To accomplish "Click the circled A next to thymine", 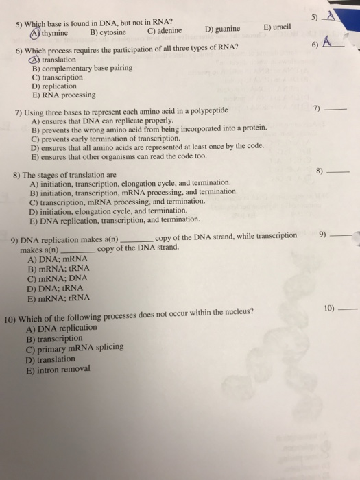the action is [35, 31].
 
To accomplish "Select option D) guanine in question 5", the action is [222, 29].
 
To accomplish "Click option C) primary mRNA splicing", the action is [75, 348].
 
